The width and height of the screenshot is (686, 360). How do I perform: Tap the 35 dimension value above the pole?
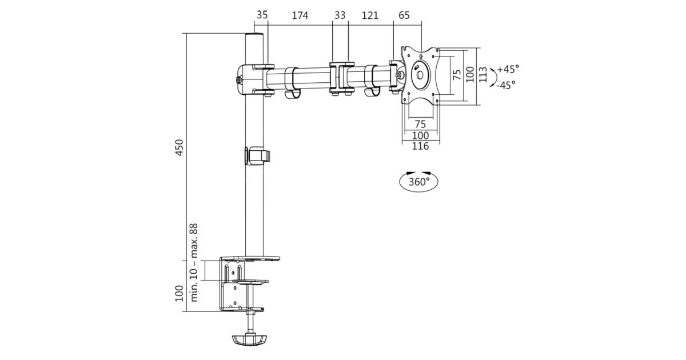(x=262, y=16)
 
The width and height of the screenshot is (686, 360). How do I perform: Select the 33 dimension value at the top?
(x=340, y=16)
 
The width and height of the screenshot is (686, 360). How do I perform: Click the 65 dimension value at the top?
(x=404, y=16)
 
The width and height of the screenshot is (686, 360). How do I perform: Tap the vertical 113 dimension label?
(x=483, y=75)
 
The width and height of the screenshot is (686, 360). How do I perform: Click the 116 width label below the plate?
(x=420, y=147)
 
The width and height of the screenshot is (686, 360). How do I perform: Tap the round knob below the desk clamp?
(x=250, y=340)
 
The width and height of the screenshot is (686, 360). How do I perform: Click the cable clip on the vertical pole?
(x=257, y=155)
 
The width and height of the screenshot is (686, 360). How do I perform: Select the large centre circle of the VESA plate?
(x=421, y=74)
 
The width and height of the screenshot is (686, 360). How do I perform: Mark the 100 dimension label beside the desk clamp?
(x=179, y=293)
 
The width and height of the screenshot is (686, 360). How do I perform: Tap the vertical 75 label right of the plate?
(x=457, y=75)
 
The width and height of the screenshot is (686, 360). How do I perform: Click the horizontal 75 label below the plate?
(x=420, y=124)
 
